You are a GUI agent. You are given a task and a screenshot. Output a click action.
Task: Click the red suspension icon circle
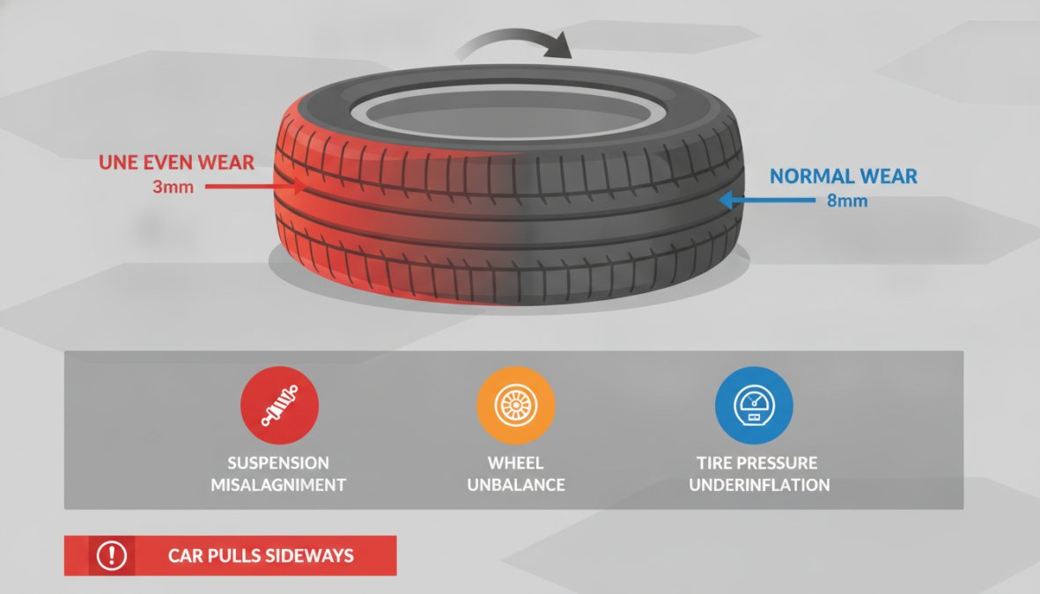click(279, 405)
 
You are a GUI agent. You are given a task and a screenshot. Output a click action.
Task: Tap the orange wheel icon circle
click(515, 405)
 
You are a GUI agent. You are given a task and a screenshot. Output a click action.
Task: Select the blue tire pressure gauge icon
click(754, 405)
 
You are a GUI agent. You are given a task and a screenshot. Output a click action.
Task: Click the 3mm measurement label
click(173, 187)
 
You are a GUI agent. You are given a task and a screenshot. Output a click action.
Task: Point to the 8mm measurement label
click(847, 201)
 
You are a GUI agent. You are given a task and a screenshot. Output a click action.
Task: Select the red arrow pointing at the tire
click(256, 187)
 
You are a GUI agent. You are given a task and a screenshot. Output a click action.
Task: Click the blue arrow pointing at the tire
click(767, 200)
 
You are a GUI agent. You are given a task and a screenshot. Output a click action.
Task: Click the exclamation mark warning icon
click(112, 555)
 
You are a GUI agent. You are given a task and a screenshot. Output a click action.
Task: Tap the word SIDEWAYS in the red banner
click(308, 555)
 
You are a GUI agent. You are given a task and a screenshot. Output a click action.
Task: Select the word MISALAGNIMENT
click(278, 485)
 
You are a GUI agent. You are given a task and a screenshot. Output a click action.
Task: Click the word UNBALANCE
click(516, 485)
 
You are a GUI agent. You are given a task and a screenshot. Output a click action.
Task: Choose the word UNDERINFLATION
click(759, 485)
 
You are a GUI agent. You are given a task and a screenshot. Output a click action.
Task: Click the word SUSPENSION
click(278, 463)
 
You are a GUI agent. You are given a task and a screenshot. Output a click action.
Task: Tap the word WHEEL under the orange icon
click(516, 463)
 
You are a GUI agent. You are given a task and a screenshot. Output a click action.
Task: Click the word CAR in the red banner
click(185, 555)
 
